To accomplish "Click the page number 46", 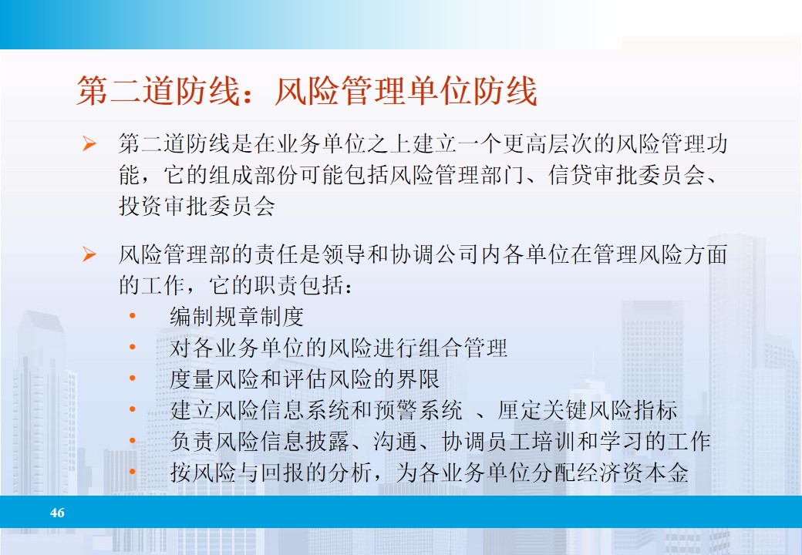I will click(57, 513).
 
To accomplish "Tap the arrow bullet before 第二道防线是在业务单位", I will click(89, 144).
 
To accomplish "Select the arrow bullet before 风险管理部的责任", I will click(89, 254).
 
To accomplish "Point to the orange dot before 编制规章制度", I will click(133, 316).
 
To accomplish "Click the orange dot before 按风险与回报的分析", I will click(133, 472).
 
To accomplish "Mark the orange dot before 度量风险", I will click(133, 378).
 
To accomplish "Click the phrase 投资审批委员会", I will click(197, 206).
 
